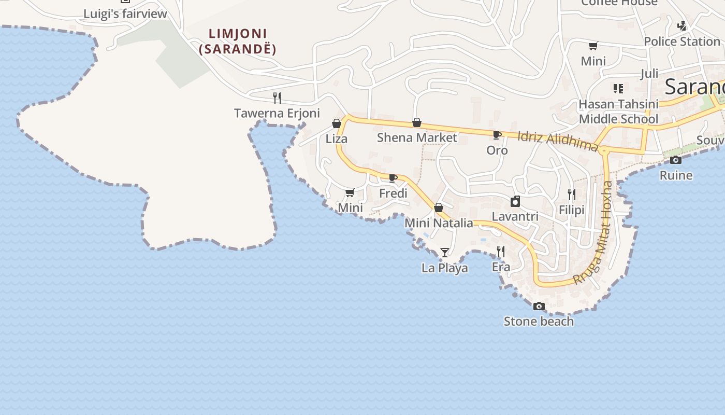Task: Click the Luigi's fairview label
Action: coord(125,14)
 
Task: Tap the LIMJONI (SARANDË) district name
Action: coord(238,41)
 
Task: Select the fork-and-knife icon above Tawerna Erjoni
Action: coord(277,98)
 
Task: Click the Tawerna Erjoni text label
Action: coord(277,113)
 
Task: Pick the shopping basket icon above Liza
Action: coord(337,123)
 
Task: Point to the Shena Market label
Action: coord(417,137)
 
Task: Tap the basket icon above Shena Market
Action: coord(417,122)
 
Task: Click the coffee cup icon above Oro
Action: coord(497,135)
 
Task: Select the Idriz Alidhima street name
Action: coord(558,141)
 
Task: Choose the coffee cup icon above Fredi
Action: coord(393,178)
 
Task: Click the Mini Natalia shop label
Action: coord(439,223)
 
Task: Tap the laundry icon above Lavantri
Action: coord(515,201)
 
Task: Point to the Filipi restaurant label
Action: coord(572,210)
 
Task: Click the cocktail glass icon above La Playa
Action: coord(445,253)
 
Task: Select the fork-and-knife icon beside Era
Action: coord(501,252)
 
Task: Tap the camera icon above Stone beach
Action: coord(539,306)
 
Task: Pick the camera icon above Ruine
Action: coord(676,160)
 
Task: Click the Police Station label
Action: coord(682,41)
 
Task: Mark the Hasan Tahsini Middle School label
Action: coord(618,112)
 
